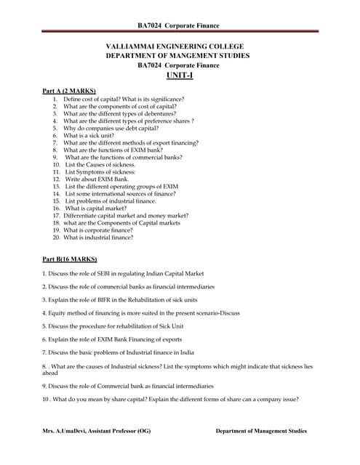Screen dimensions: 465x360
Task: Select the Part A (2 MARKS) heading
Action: click(70, 90)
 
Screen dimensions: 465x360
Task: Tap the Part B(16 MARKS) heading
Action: click(71, 259)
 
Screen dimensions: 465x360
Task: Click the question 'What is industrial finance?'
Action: click(97, 237)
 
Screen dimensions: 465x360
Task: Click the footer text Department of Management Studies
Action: click(261, 432)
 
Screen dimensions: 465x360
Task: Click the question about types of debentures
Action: click(119, 113)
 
